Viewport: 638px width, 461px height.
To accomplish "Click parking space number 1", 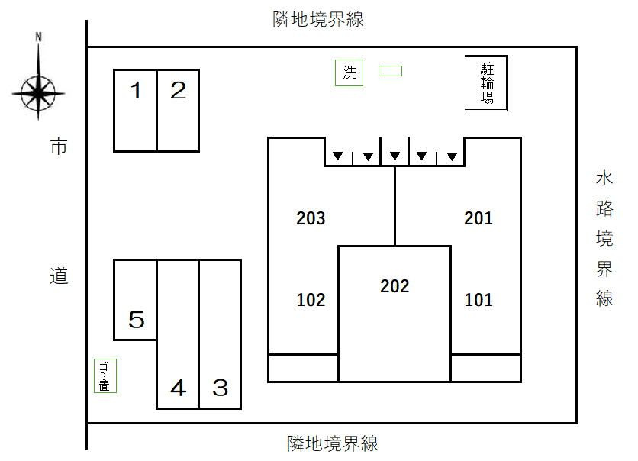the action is tap(135, 111).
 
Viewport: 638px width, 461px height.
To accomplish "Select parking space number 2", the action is tap(178, 111).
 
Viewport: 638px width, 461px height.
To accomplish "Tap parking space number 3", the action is tap(220, 334).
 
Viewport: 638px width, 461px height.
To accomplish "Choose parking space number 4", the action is tap(178, 334).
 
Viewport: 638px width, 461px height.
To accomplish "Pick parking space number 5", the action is tap(135, 300).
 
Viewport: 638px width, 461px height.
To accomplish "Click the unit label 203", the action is tap(311, 218).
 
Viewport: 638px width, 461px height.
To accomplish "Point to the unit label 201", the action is tap(478, 218).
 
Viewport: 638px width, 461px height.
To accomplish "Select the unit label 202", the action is tap(395, 286).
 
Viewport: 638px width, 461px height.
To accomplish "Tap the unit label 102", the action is tap(311, 300).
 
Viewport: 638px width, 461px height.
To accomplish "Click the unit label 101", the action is tap(478, 300).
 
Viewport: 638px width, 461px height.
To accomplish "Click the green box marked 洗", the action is tap(349, 73).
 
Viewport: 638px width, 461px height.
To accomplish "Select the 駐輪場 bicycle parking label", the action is tap(487, 83).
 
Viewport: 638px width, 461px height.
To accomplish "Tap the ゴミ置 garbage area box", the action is tap(105, 376).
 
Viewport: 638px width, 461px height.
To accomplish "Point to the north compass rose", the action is tap(38, 93).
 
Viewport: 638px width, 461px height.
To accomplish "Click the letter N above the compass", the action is tap(38, 37).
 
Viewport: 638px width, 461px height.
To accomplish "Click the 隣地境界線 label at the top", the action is tap(318, 19).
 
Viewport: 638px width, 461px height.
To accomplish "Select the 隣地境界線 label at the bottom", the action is tap(333, 443).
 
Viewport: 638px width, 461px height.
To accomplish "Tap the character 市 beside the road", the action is tap(59, 146).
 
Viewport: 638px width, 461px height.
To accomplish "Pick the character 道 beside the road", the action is tap(59, 276).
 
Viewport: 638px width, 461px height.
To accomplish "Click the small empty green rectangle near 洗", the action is tap(390, 71).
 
